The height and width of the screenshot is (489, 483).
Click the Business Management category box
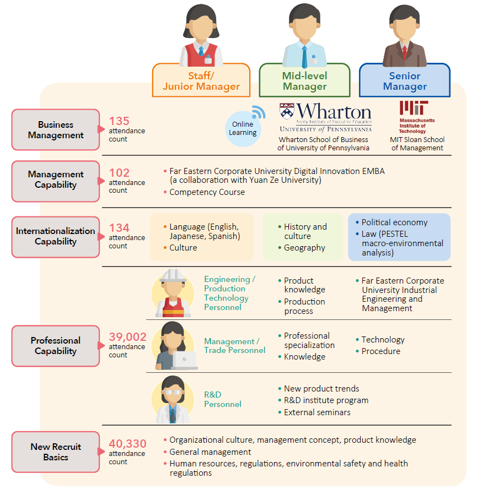55,130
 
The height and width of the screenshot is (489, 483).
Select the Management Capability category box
55,180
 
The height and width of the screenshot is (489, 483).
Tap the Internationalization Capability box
55,236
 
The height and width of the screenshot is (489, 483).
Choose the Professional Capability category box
55,346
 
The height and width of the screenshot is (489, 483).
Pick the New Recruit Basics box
55,452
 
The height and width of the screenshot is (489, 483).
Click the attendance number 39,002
127,337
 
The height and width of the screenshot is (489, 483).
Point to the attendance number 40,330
127,444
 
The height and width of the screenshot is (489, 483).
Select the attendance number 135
119,121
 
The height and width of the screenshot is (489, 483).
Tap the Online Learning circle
243,128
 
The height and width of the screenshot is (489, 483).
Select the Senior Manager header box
405,81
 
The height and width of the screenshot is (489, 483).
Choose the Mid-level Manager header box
304,81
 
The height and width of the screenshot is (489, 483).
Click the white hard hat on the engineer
173,275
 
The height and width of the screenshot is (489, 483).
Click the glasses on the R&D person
173,392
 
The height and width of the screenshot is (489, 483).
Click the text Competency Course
207,192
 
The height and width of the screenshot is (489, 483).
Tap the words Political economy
394,222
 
